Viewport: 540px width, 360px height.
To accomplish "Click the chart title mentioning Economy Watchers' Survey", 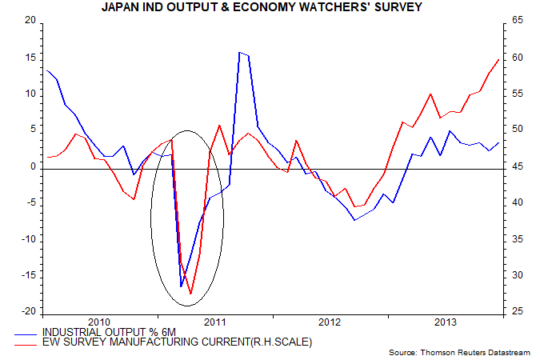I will [270, 8].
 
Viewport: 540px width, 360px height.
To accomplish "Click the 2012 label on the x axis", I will [330, 322].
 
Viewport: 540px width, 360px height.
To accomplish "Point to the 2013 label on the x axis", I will [444, 322].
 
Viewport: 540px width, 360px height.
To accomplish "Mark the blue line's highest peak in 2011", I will [239, 52].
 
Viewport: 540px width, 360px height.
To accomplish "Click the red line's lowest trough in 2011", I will [190, 294].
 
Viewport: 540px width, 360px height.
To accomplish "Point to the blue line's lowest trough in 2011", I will [181, 286].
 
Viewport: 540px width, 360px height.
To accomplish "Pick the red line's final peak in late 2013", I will [499, 59].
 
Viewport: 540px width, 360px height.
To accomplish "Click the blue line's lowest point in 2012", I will [355, 219].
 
